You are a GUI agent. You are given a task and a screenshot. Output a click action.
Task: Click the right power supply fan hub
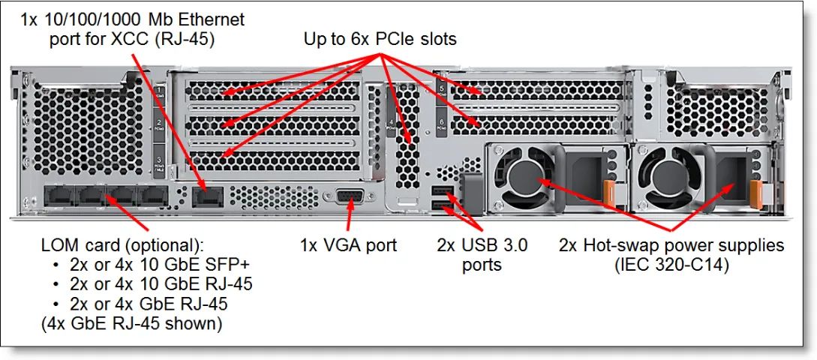coord(676,176)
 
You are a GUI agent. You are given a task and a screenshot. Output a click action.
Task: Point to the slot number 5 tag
coord(443,91)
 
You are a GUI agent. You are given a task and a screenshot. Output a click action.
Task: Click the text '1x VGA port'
coord(348,244)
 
